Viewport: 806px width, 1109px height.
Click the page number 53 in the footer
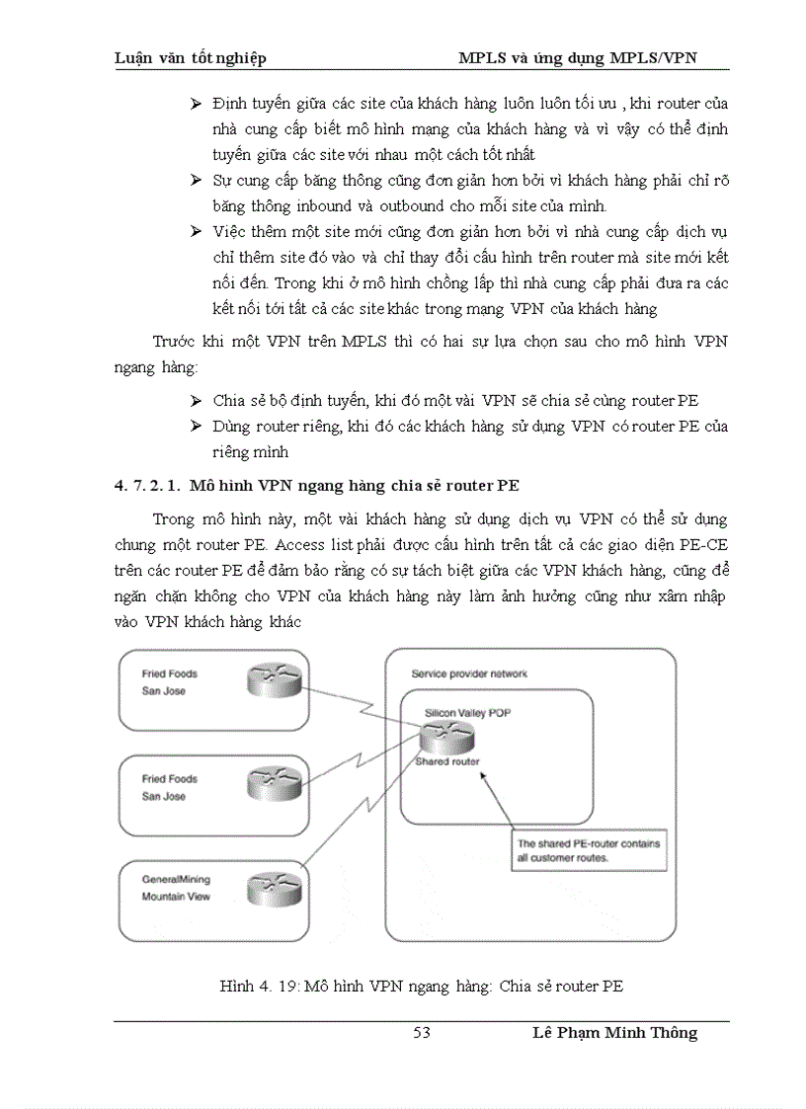(x=422, y=1033)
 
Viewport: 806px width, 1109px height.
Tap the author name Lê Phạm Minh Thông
(x=613, y=1033)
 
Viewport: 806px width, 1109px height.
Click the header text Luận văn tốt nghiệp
(x=191, y=58)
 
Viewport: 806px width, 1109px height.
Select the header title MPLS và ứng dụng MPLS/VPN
(x=578, y=58)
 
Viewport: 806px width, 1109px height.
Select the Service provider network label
(x=469, y=673)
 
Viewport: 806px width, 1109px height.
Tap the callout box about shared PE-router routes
(x=590, y=850)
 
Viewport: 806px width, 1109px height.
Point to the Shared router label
(x=447, y=761)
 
